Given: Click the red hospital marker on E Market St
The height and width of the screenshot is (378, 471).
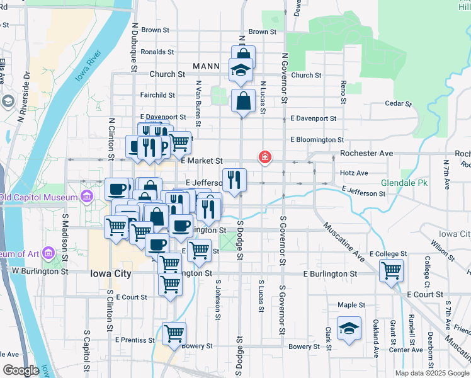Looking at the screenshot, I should (265, 157).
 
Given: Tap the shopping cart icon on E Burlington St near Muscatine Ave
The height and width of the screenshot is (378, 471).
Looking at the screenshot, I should (391, 270).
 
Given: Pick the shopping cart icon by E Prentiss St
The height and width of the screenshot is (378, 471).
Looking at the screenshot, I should (174, 333).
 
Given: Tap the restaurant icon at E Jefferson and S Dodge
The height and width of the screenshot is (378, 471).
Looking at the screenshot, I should (234, 180).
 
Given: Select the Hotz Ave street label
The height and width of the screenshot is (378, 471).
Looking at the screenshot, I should (354, 173).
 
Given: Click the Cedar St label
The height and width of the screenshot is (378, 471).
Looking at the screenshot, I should (398, 103).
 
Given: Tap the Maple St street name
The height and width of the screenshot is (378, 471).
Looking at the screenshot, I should (351, 305).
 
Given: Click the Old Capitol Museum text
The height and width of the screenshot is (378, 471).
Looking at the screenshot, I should (38, 197).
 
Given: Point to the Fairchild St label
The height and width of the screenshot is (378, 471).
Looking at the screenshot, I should (157, 95).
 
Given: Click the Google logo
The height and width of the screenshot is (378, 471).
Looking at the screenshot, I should (21, 370).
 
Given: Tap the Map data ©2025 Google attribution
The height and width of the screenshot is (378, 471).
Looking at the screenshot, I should (431, 373).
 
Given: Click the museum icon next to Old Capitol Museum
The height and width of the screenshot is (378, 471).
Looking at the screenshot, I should (86, 197).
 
